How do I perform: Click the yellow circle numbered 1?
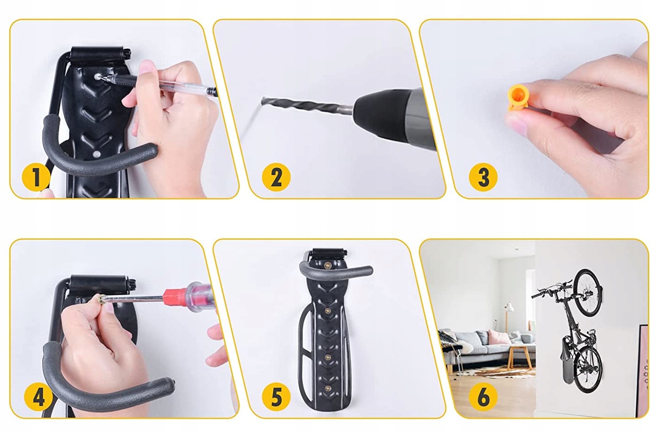coord(36,177)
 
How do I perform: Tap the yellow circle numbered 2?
coord(276,177)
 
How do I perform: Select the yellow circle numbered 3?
coord(483,177)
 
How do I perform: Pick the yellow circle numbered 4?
coord(38,397)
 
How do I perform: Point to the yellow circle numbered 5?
coord(276,397)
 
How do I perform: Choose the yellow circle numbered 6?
coord(483,397)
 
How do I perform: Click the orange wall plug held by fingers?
coord(518,97)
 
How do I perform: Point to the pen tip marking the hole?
coord(100,78)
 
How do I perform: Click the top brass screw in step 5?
coord(327,266)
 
